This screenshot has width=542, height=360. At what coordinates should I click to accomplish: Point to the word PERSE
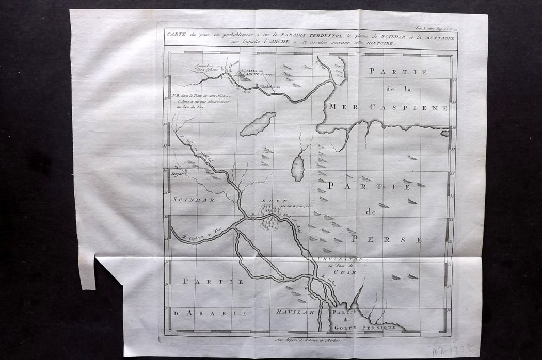coord(387,240)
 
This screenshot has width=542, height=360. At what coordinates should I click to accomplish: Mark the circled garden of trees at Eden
coord(268,217)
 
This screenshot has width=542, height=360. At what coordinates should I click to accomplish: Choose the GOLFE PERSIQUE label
coord(368,327)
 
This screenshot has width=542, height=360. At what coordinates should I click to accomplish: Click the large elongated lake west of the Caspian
coord(258,124)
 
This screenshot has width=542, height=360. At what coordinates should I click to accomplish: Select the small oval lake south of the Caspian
coord(297,168)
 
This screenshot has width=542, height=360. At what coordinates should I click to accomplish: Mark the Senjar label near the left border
coord(179,173)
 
